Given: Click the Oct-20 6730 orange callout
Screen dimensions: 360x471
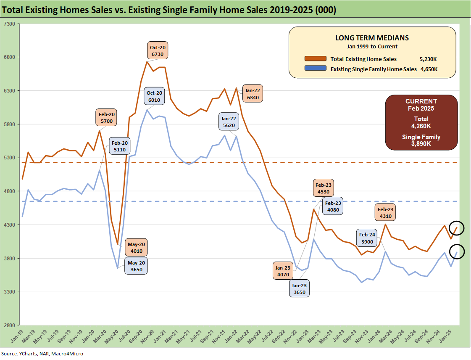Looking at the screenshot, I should click(158, 51).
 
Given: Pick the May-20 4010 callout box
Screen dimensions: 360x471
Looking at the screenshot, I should click(137, 248).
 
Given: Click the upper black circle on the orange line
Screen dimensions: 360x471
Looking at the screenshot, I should click(456, 228).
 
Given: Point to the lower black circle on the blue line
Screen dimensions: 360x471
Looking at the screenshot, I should click(456, 251).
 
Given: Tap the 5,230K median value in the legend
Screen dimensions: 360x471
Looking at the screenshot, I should click(429, 59).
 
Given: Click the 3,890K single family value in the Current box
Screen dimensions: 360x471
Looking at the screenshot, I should click(421, 143).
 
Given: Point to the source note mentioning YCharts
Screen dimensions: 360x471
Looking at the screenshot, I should click(42, 354).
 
